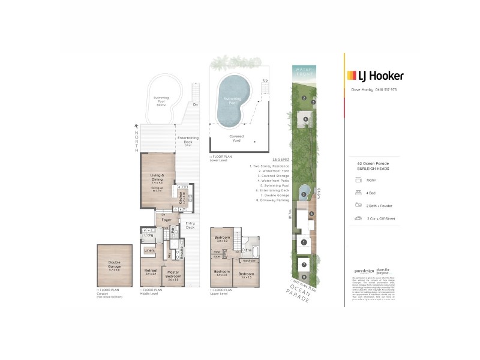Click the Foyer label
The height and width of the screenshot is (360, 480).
tap(166, 220)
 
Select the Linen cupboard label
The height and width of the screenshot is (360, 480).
tap(149, 250)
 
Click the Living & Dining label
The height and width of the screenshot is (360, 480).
tap(158, 177)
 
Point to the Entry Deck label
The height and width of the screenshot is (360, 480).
tap(190, 226)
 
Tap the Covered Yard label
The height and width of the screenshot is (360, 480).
tap(236, 137)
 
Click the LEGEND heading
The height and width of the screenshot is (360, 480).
tap(281, 160)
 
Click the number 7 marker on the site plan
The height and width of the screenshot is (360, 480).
tap(304, 264)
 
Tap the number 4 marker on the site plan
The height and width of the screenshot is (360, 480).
tap(305, 119)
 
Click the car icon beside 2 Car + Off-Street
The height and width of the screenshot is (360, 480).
tap(358, 218)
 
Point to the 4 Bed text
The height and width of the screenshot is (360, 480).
tap(371, 192)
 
